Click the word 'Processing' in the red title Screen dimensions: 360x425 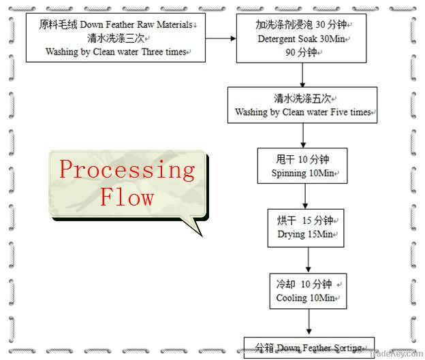click(x=127, y=169)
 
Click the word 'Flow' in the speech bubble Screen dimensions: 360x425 click(x=127, y=197)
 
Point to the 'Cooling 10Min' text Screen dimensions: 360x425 click(x=306, y=298)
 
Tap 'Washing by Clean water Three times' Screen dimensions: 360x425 click(x=116, y=52)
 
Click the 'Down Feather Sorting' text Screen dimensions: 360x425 click(x=321, y=347)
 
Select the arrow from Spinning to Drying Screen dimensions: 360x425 click(x=304, y=195)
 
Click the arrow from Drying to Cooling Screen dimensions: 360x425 click(x=309, y=259)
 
